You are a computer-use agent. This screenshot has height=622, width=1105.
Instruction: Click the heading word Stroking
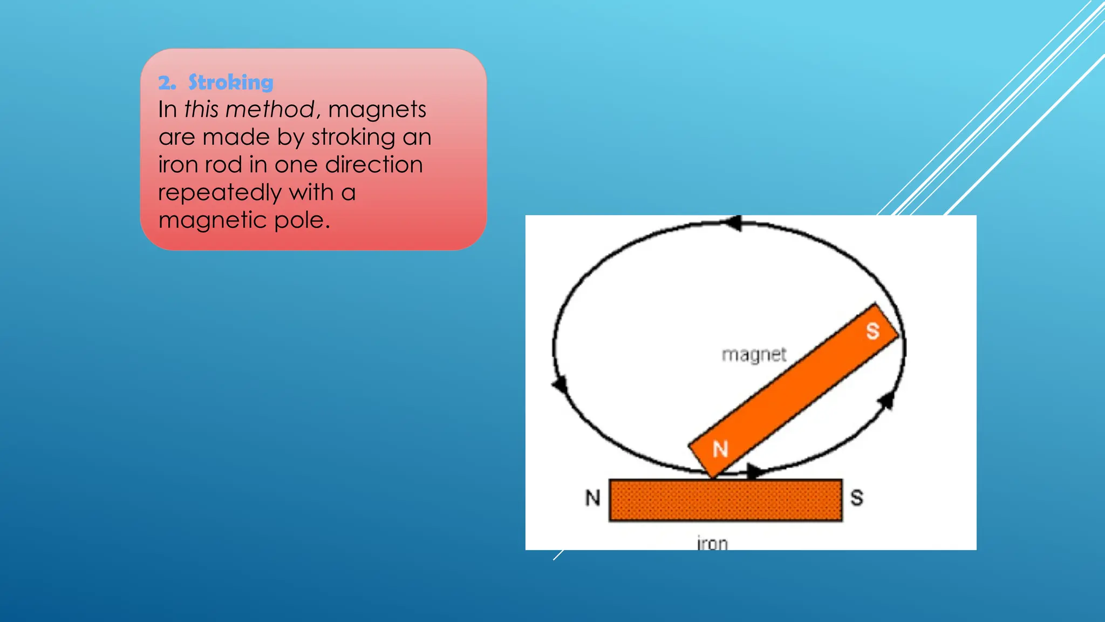click(230, 83)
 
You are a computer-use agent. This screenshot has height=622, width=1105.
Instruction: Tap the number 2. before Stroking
click(167, 83)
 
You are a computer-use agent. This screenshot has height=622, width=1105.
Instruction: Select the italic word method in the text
click(270, 110)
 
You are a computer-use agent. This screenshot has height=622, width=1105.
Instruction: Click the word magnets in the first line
click(377, 110)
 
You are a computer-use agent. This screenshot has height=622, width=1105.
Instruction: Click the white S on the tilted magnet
click(872, 331)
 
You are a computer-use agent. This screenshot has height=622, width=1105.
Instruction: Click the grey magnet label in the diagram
click(754, 355)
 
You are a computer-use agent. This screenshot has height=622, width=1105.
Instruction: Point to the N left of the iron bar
click(593, 497)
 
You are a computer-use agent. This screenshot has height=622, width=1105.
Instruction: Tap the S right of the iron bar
click(857, 497)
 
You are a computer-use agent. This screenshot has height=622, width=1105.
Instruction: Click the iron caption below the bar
click(712, 543)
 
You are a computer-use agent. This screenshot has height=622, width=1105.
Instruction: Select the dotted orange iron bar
click(725, 500)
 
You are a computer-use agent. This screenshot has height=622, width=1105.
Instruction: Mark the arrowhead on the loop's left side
click(560, 384)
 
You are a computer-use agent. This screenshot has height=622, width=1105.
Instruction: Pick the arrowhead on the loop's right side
click(886, 401)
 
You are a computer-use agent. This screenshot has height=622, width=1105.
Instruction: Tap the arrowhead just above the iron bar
click(754, 471)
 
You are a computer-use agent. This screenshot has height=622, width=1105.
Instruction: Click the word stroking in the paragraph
click(353, 137)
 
